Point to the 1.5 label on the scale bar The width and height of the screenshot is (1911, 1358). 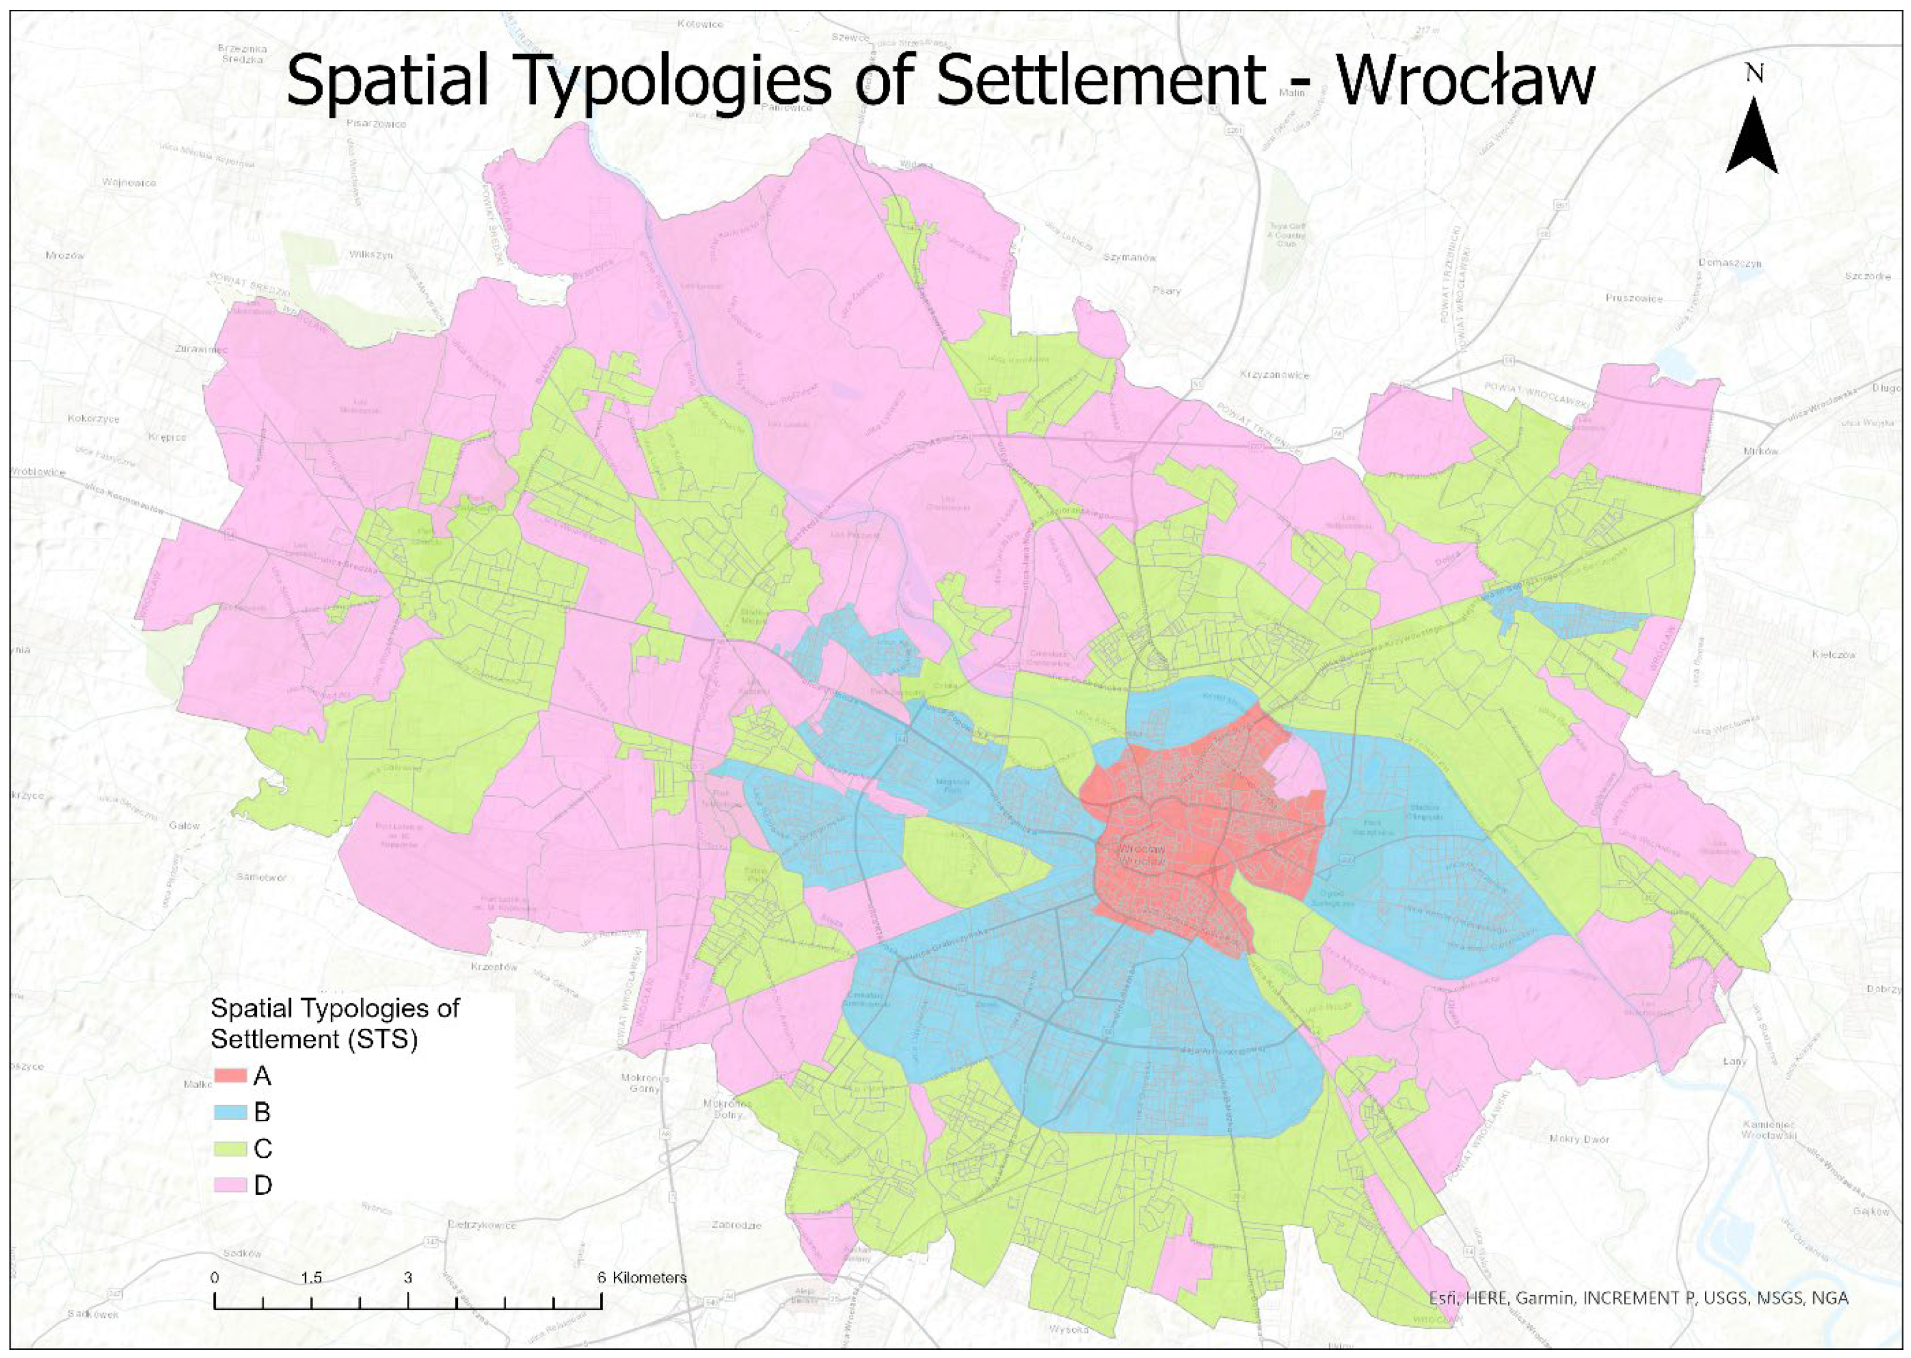[x=311, y=1278]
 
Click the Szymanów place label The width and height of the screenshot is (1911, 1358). [x=1129, y=257]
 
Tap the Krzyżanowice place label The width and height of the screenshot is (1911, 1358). [x=1274, y=375]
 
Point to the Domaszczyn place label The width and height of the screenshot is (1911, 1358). [x=1729, y=264]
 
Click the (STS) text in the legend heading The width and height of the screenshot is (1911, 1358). [x=378, y=1040]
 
